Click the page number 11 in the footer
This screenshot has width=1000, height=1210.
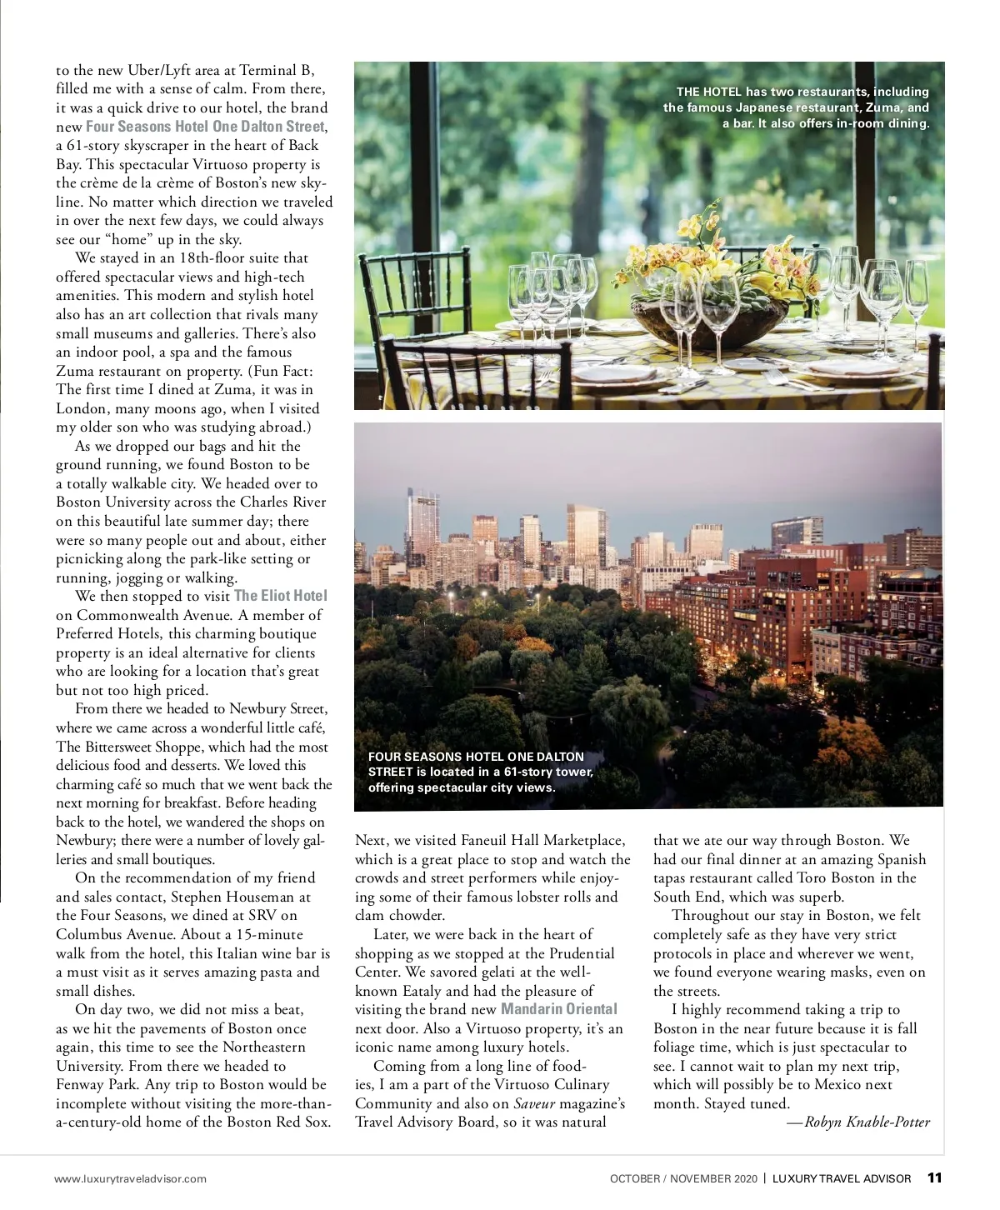click(934, 1177)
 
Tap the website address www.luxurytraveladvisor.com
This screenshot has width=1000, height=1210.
click(130, 1178)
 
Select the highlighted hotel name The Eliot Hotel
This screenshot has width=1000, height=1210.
click(281, 596)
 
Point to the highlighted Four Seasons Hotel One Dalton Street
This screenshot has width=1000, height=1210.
click(205, 127)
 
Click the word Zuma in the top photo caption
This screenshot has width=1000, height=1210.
click(882, 107)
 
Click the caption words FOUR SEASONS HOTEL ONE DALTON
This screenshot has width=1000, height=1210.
click(476, 757)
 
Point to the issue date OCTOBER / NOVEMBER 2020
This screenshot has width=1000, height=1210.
click(683, 1178)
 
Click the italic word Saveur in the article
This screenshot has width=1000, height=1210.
click(534, 1103)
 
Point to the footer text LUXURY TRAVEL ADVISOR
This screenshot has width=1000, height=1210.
click(842, 1178)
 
